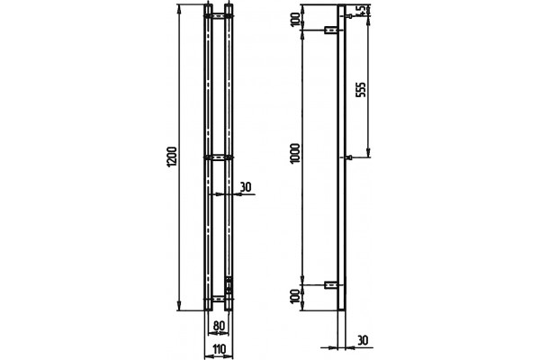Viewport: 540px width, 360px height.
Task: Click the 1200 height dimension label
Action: (x=172, y=157)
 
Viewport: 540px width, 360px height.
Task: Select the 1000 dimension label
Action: (x=295, y=154)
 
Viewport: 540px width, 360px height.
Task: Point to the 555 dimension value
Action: (x=362, y=90)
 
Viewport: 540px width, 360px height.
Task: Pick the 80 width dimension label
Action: (x=219, y=326)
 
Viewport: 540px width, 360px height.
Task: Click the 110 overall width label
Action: (x=219, y=350)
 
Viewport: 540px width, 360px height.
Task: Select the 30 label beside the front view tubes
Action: (x=246, y=187)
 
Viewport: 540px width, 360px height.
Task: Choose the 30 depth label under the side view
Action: (x=363, y=340)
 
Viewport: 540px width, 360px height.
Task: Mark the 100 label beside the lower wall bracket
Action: (x=295, y=297)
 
